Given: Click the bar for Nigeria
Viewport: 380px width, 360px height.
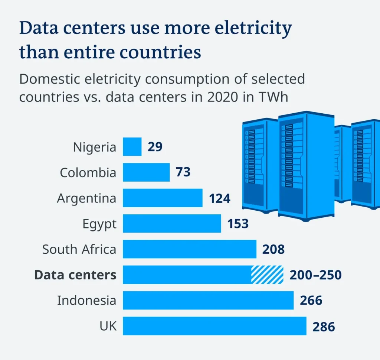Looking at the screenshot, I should pyautogui.click(x=132, y=147).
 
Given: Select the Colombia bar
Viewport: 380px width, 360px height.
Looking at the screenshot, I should pyautogui.click(x=146, y=172).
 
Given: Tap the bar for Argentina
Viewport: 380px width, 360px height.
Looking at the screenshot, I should pyautogui.click(x=163, y=198).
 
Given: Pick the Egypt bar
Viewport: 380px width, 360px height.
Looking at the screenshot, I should pyautogui.click(x=172, y=224).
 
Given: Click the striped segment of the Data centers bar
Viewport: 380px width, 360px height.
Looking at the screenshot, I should pyautogui.click(x=267, y=275).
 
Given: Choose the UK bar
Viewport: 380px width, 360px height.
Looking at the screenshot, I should pyautogui.click(x=214, y=326).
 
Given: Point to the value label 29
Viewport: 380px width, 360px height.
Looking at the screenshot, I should pyautogui.click(x=155, y=147).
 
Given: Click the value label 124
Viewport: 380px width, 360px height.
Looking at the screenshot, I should pyautogui.click(x=219, y=198).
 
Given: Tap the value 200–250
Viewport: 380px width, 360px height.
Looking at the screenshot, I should pyautogui.click(x=315, y=275).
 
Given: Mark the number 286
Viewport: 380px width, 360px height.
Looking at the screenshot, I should pyautogui.click(x=324, y=327).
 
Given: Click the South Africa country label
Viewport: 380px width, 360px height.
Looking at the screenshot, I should pyautogui.click(x=79, y=249).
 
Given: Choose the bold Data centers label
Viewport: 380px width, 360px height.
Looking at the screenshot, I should pyautogui.click(x=75, y=275).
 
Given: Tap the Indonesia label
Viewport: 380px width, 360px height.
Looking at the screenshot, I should pyautogui.click(x=86, y=300).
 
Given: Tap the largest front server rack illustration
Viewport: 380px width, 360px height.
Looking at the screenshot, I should pyautogui.click(x=305, y=165).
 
